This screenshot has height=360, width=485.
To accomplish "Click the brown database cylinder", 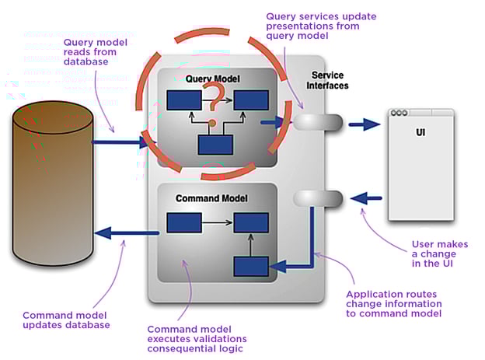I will pos(52,187).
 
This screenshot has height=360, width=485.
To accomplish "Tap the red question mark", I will pos(214,98).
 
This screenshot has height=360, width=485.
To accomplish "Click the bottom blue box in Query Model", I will pos(215,145).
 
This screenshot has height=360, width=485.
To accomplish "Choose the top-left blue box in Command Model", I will pos(184,224).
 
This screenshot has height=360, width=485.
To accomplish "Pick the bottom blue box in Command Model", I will pos(250,267).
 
